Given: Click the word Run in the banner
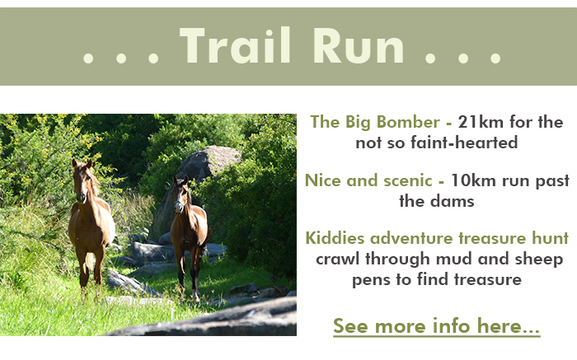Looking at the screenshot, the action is pyautogui.click(x=359, y=45).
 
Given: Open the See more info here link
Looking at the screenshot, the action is pyautogui.click(x=436, y=325).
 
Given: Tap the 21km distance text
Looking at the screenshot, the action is pyautogui.click(x=481, y=122).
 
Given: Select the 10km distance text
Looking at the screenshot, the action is pyautogui.click(x=473, y=180).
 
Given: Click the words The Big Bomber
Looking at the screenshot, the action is pyautogui.click(x=375, y=123).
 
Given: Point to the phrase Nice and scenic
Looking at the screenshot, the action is pyautogui.click(x=368, y=180).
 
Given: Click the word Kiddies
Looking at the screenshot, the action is pyautogui.click(x=335, y=238).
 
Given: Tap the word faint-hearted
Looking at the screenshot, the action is pyautogui.click(x=464, y=143).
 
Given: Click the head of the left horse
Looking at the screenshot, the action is pyautogui.click(x=82, y=181).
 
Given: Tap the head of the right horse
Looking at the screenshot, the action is pyautogui.click(x=181, y=194).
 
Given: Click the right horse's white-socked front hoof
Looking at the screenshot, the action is pyautogui.click(x=195, y=295).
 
